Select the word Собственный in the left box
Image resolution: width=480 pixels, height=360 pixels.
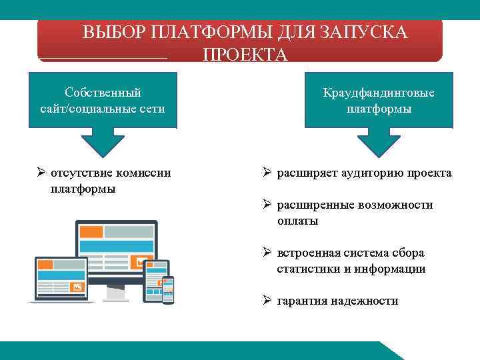tap(103, 92)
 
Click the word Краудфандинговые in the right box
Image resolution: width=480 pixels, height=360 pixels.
tap(379, 93)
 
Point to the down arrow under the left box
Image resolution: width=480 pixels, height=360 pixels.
tap(103, 142)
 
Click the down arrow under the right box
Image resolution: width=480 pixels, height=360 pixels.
tap(379, 142)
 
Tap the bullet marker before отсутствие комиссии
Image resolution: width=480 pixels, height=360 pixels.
tap(41, 173)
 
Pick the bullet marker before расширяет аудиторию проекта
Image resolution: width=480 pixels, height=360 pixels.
tap(265, 173)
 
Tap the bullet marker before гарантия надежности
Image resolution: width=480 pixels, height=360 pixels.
tap(265, 301)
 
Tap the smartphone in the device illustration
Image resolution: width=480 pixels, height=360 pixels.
tap(168, 289)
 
